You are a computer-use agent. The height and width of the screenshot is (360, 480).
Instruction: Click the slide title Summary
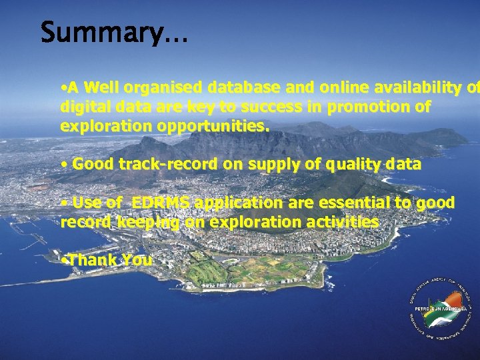point(113,32)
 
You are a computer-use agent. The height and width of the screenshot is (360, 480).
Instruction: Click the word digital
point(83,107)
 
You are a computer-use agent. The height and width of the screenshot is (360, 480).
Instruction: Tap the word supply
point(271,164)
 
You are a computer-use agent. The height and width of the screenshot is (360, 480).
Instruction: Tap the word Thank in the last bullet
point(92,260)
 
